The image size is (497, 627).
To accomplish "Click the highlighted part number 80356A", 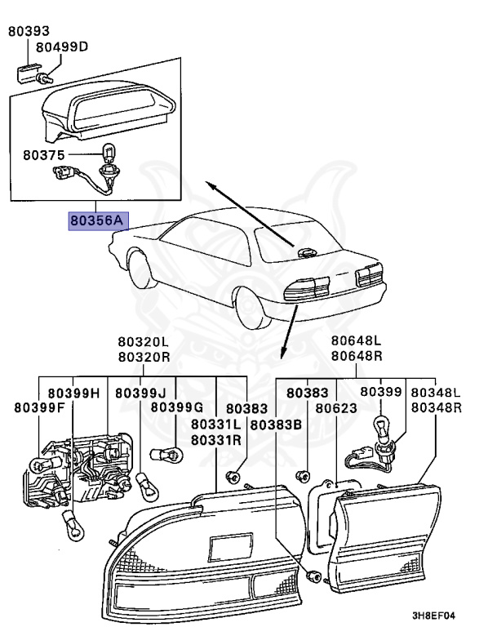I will point(95,220).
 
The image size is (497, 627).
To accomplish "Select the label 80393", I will point(28,32).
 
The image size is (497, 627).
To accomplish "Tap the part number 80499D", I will point(64,47).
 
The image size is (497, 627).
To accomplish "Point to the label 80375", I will point(43,153).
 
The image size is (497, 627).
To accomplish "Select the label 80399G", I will point(176,407).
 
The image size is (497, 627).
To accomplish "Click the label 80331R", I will point(215,439).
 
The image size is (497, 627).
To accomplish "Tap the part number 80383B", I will point(276,425).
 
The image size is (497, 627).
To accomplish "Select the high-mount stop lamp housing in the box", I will point(106,110).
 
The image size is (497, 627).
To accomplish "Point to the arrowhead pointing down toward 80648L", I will point(283,354).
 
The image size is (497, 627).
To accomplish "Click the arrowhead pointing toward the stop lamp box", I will point(210,185).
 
